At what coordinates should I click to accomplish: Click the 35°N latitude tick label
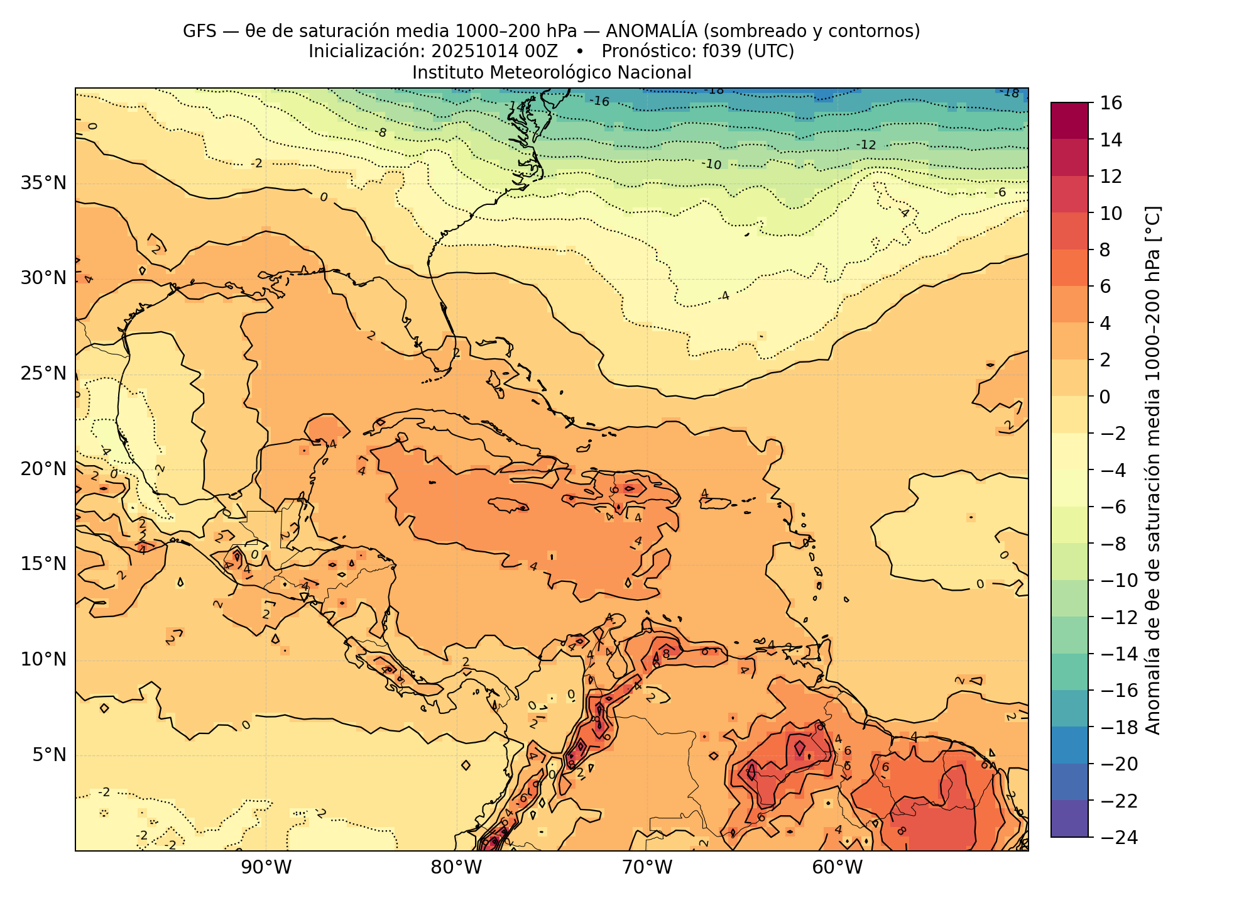[43, 184]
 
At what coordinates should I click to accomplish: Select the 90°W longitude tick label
[266, 868]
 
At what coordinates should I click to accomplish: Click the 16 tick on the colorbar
[1111, 103]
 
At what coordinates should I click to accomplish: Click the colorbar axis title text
[1153, 470]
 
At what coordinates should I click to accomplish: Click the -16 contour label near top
[599, 101]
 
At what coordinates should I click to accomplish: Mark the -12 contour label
[866, 145]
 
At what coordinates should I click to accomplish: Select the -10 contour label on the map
[712, 165]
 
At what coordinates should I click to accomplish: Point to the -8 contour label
[381, 133]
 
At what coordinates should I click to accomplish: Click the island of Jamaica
[508, 505]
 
